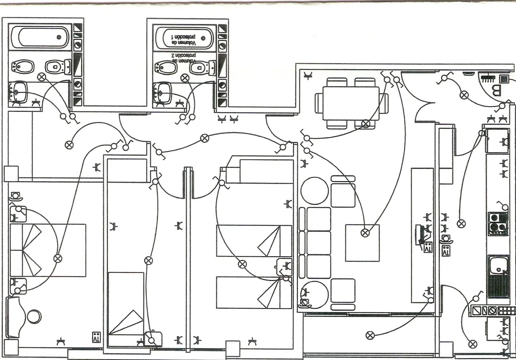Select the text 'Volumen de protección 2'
(x=183, y=58)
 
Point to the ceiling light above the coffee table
(x=365, y=233)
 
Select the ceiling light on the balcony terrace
(x=370, y=335)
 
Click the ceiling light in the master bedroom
(x=58, y=258)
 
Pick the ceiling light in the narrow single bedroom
(x=148, y=260)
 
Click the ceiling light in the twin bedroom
(x=242, y=264)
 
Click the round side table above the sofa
(x=314, y=190)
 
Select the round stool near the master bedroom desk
(x=34, y=316)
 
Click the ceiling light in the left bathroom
(x=42, y=77)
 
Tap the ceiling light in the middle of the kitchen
(x=461, y=223)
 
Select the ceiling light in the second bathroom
(x=185, y=78)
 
